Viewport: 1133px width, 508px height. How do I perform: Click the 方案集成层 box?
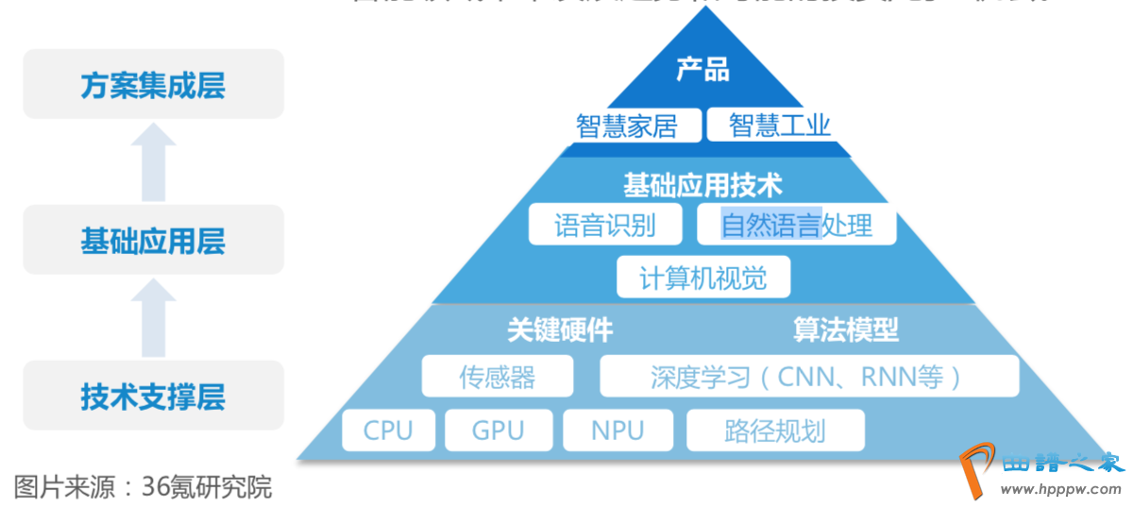point(153,85)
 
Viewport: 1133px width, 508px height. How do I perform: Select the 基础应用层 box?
point(153,241)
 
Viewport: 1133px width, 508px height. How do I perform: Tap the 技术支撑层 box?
point(153,396)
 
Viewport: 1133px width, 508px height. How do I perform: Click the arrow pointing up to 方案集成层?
point(153,162)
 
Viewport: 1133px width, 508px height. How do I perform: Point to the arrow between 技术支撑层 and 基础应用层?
point(153,317)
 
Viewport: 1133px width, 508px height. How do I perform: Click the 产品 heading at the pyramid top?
point(702,70)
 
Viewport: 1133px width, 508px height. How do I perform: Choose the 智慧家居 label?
point(627,126)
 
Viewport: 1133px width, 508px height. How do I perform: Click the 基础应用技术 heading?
point(702,184)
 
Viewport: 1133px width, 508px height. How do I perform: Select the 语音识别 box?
point(604,225)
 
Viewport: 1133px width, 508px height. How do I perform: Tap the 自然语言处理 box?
point(796,225)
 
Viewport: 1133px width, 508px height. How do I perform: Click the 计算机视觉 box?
point(702,278)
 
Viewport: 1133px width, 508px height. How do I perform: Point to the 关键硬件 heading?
point(560,330)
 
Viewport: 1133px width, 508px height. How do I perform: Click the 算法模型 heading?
point(846,330)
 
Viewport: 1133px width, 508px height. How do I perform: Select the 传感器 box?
point(497,377)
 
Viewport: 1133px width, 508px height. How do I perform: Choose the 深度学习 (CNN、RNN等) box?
point(809,377)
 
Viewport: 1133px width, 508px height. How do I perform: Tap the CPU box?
point(388,431)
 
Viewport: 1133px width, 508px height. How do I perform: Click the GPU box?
point(498,431)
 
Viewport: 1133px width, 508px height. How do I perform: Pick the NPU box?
point(617,431)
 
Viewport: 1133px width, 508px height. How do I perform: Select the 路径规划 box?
point(775,431)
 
